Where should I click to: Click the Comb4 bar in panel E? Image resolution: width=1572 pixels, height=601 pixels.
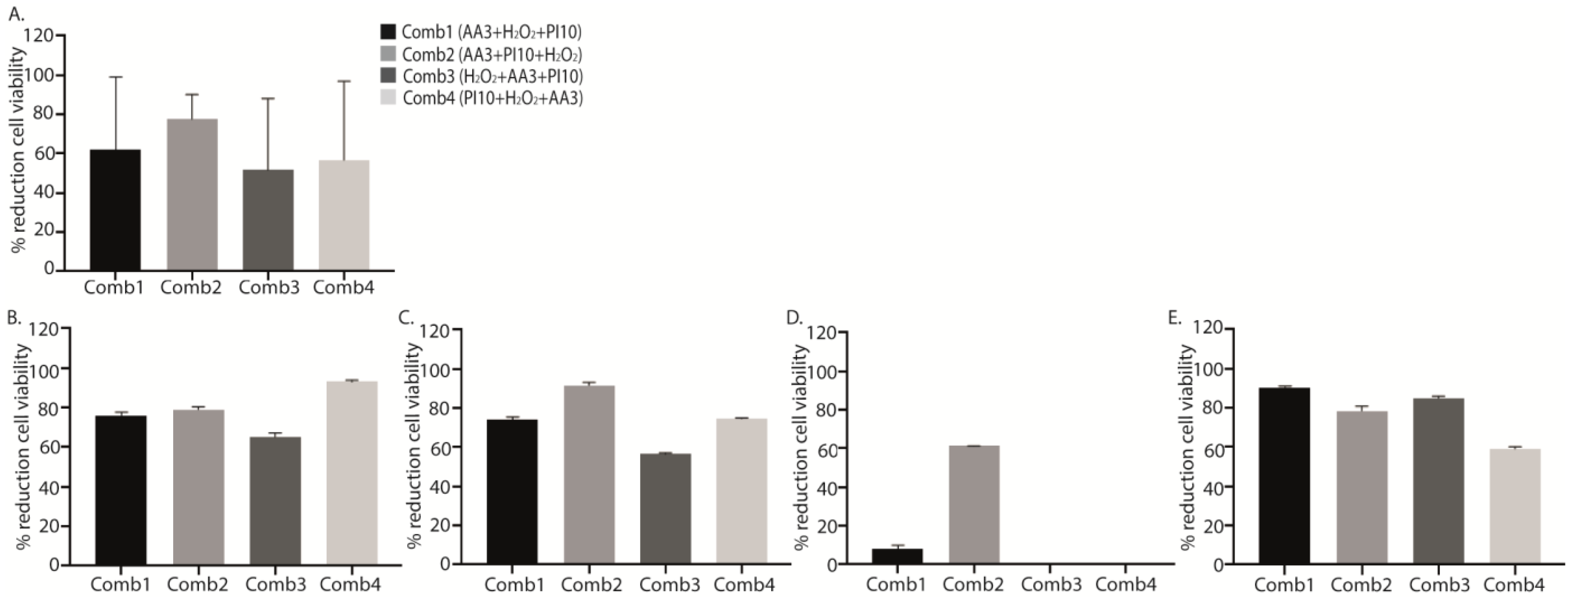(x=1515, y=506)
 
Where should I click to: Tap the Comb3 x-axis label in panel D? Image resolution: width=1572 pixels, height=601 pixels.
(x=1051, y=585)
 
